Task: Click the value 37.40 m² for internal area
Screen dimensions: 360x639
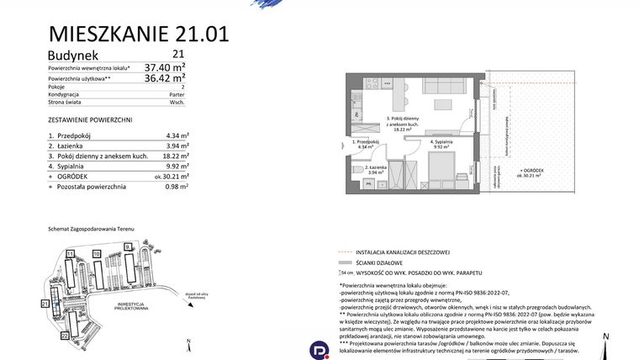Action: click(165, 67)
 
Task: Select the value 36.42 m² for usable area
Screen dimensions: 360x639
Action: click(165, 79)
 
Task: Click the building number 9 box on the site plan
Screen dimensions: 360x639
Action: click(127, 246)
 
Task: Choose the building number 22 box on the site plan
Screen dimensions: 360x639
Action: click(65, 335)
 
